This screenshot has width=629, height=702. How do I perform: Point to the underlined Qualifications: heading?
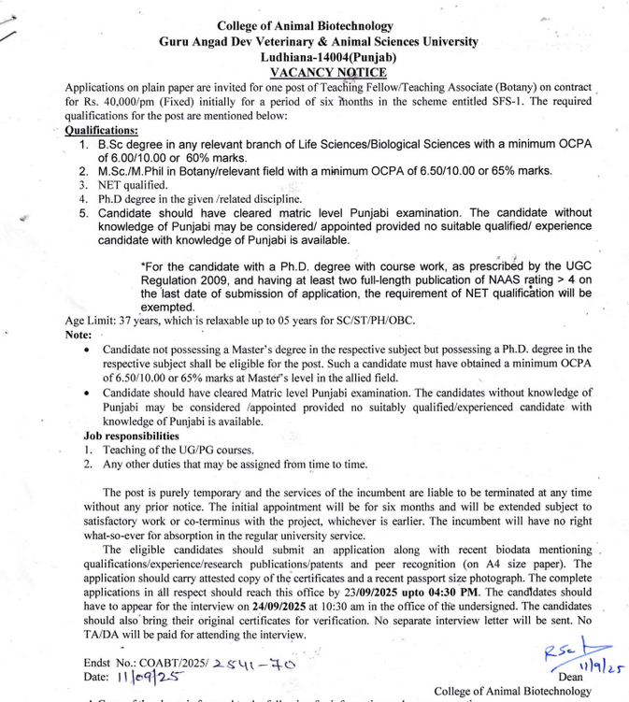coord(101,131)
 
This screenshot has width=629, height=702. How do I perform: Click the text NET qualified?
coord(130,185)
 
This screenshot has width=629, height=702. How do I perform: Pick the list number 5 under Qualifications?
coord(83,213)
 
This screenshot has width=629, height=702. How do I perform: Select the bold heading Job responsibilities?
coord(132,436)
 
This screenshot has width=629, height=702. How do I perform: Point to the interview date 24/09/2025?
coord(237,606)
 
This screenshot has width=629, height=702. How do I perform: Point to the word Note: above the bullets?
coord(79,334)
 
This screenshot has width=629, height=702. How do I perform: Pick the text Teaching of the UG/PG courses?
coord(178,450)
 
